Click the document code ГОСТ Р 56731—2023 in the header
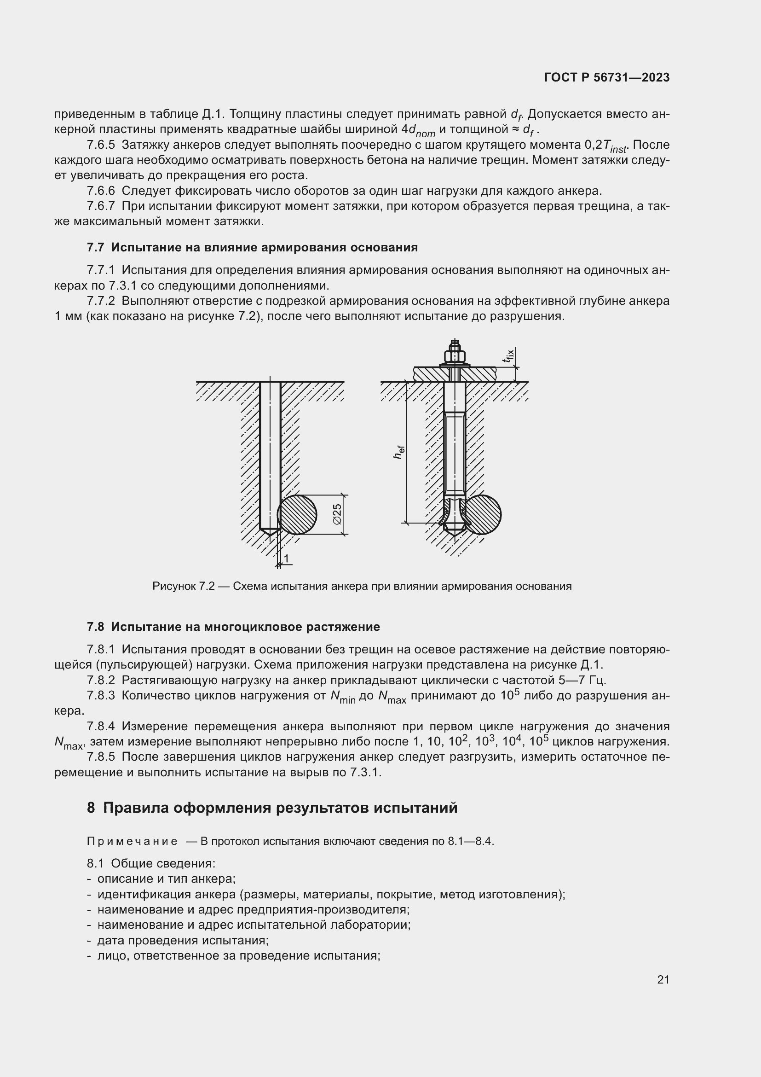606,78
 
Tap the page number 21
663,979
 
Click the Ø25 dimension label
337,515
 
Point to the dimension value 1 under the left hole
286,558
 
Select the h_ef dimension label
399,452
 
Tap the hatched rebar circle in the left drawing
297,515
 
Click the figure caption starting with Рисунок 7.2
362,586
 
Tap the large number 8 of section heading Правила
91,808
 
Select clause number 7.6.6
101,191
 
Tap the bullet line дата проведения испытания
183,941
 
